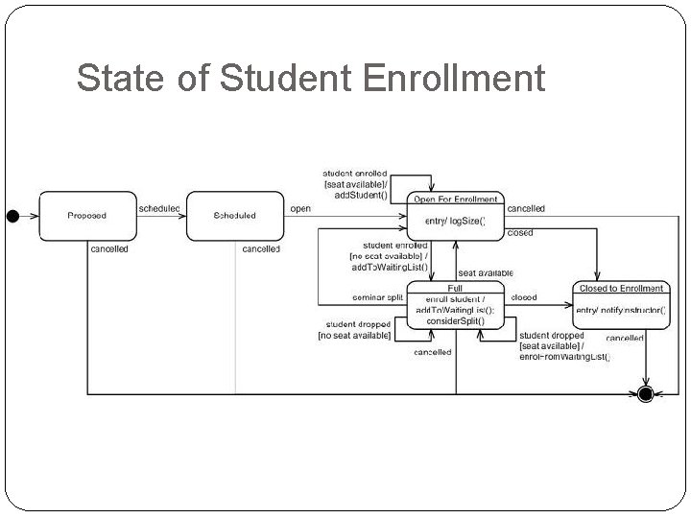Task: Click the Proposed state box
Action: coord(86,215)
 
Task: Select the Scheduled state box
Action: coord(234,215)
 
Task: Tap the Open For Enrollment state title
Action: coord(455,200)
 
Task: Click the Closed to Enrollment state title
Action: coord(621,288)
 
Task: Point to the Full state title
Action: coord(455,288)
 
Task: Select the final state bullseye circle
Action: coord(646,393)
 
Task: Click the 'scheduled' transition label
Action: coord(159,208)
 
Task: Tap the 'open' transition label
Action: coord(300,208)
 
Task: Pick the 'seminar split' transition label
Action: coord(377,297)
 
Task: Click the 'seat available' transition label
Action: coord(485,273)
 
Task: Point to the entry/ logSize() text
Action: coord(455,222)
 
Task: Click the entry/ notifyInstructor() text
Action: coord(621,310)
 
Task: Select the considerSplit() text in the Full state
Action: coord(455,320)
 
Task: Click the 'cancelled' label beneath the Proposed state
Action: coord(109,249)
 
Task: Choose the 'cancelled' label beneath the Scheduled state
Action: coord(261,249)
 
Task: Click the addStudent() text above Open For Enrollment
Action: coord(361,195)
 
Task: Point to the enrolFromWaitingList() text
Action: coord(564,357)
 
